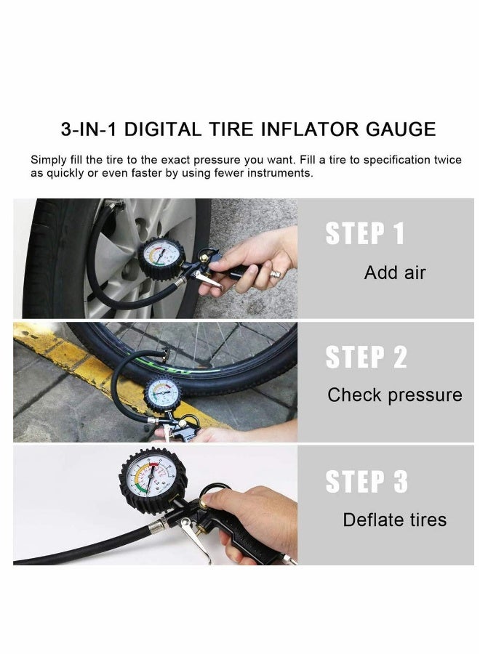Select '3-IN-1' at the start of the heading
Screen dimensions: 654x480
pyautogui.click(x=89, y=130)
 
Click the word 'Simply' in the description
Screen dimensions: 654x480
pyautogui.click(x=49, y=159)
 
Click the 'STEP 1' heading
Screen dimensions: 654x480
pyautogui.click(x=364, y=234)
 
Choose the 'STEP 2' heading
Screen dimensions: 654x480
pyautogui.click(x=366, y=358)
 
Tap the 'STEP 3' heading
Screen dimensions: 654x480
pyautogui.click(x=366, y=481)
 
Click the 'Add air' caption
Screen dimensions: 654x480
pyautogui.click(x=395, y=273)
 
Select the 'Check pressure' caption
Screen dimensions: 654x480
pyautogui.click(x=395, y=395)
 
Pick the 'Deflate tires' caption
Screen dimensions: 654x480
pyautogui.click(x=395, y=520)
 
